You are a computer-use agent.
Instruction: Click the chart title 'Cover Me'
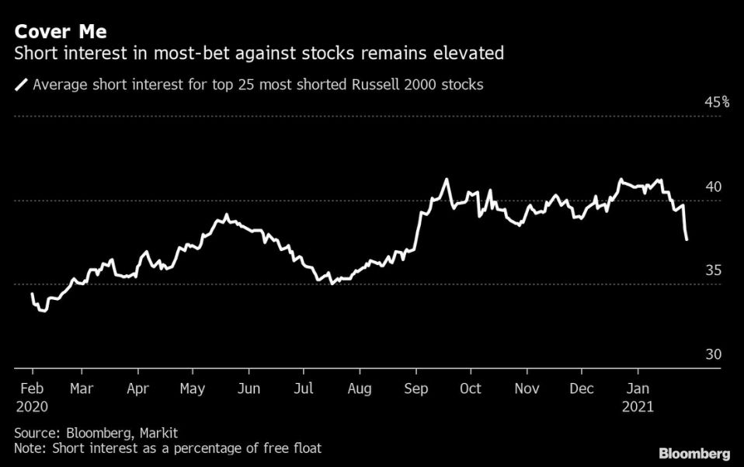coord(59,32)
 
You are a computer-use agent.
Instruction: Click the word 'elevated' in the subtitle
coord(470,54)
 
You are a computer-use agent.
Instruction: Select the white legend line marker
coord(21,84)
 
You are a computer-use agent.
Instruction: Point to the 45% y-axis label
coord(717,102)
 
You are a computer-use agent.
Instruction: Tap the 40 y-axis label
coord(714,186)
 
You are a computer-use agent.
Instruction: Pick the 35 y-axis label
coord(714,270)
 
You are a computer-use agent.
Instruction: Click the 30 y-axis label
coord(714,354)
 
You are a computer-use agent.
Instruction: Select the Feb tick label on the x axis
coord(30,389)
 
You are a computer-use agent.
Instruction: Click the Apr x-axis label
coord(137,389)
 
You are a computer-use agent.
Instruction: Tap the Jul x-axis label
coord(304,389)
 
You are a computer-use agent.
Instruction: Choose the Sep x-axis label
coord(416,389)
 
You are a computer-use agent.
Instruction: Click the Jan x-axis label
coord(639,389)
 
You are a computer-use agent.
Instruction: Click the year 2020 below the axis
coord(33,406)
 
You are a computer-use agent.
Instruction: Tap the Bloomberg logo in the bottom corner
coord(694,453)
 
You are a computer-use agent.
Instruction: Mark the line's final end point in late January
coord(687,239)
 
